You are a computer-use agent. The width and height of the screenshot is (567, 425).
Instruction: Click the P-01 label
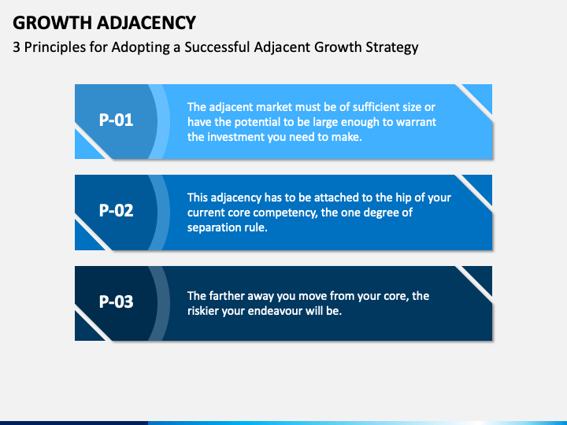click(x=116, y=121)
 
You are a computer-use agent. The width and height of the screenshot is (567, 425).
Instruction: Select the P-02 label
click(x=116, y=211)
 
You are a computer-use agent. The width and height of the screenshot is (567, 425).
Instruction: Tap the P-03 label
click(x=116, y=301)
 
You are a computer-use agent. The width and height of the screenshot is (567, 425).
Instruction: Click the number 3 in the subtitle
click(x=17, y=47)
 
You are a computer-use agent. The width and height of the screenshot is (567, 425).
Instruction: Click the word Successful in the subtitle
click(x=215, y=47)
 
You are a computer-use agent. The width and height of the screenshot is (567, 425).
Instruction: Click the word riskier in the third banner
click(x=206, y=311)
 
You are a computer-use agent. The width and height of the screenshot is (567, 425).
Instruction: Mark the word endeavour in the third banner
click(x=291, y=311)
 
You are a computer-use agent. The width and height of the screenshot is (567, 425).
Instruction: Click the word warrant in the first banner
click(x=415, y=122)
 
